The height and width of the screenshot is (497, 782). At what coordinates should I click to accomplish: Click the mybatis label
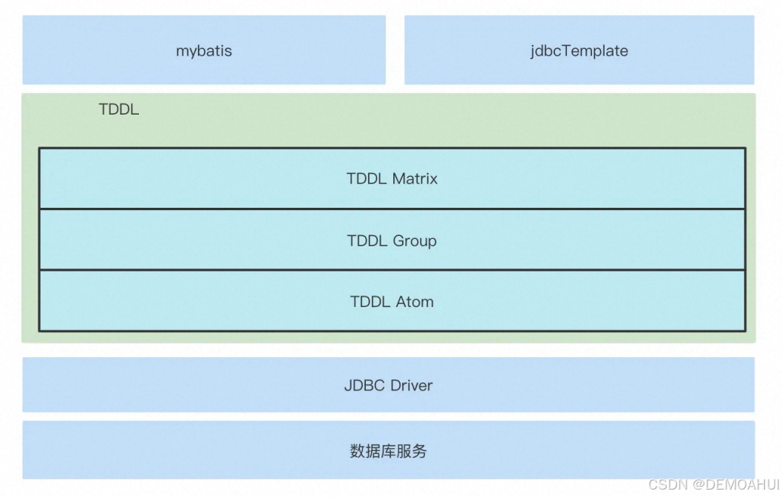[x=203, y=51]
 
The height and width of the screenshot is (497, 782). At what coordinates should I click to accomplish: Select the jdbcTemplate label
[x=579, y=51]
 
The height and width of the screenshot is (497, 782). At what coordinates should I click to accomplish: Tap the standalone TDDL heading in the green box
[x=118, y=109]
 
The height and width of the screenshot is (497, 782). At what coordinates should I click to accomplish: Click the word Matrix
[x=415, y=178]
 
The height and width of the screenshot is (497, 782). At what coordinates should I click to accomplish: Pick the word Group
[x=414, y=240]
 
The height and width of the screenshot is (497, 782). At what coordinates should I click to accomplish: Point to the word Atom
[x=415, y=302]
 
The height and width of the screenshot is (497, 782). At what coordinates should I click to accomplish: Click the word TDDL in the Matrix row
[x=367, y=178]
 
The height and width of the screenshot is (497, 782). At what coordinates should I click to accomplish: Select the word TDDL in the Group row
[x=367, y=240]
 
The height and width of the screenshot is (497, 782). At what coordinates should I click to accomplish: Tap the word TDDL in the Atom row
[x=370, y=302]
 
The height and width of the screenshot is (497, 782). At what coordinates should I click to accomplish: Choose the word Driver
[x=412, y=385]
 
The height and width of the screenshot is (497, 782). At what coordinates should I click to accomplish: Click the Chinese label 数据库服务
[x=388, y=451]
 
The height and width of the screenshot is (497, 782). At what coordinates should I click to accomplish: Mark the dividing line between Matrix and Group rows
[x=392, y=209]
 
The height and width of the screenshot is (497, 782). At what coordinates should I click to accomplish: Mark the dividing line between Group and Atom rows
[x=392, y=270]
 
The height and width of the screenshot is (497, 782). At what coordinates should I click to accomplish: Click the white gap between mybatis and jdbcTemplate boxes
[x=395, y=50]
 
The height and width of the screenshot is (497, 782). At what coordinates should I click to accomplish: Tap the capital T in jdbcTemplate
[x=560, y=51]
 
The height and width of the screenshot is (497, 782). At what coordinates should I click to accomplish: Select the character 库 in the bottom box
[x=388, y=451]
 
